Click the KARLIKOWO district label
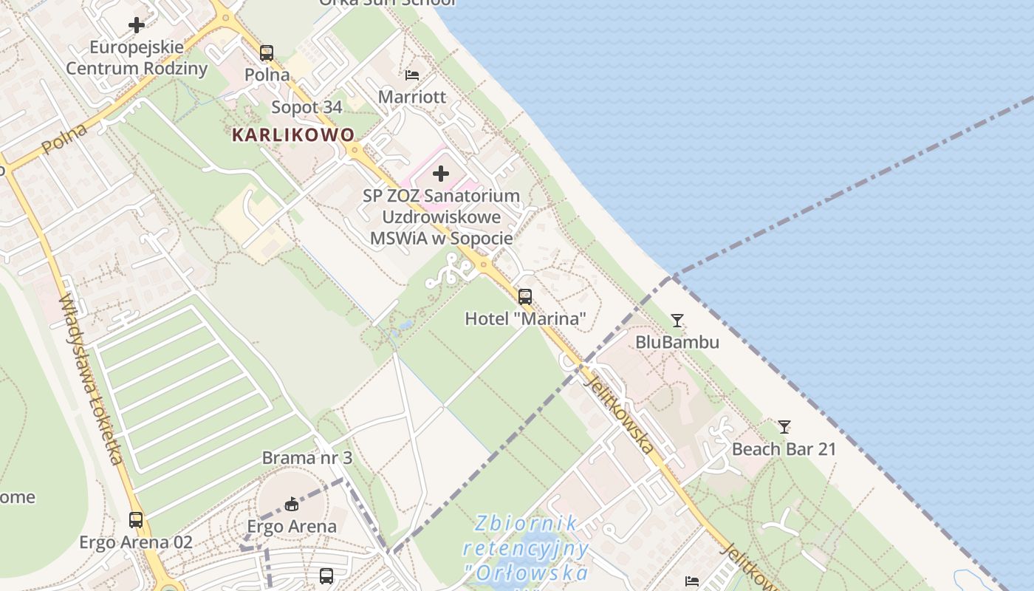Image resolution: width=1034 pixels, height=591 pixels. tap(293, 135)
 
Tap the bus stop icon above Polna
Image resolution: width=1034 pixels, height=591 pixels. tap(267, 53)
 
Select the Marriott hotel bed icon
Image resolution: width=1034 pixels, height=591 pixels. tap(412, 75)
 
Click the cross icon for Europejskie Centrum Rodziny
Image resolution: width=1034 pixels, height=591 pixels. tap(137, 25)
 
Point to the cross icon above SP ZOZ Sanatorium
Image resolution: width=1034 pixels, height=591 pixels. tap(441, 174)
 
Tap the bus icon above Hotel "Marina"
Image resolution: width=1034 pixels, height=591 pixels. tap(525, 297)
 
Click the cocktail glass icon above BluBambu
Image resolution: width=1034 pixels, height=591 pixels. tap(677, 321)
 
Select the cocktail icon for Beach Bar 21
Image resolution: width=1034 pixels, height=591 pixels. tap(784, 427)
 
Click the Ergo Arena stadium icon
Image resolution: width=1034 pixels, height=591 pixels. tap(292, 505)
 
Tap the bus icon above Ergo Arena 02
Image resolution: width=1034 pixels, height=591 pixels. tap(136, 520)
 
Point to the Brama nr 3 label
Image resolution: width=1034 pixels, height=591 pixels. tap(307, 458)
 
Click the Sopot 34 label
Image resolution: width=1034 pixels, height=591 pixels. tap(307, 107)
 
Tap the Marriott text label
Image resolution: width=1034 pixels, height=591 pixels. tap(412, 97)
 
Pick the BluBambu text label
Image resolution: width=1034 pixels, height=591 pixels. tap(677, 343)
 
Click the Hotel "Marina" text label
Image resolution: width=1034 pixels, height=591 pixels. tap(525, 319)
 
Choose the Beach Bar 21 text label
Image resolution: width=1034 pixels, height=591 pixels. tap(784, 449)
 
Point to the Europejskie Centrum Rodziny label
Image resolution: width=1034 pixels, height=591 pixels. tap(137, 58)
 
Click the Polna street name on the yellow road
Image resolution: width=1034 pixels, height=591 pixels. tap(64, 139)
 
